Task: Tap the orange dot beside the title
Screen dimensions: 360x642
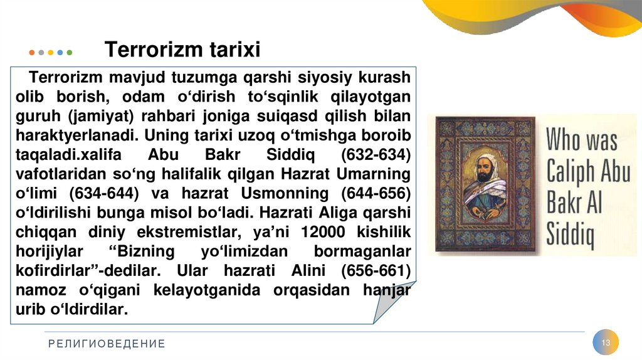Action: tap(32, 53)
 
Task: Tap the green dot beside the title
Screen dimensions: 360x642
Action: tap(70, 53)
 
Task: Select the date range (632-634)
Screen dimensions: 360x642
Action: tap(375, 155)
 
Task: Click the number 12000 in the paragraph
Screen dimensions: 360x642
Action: tap(324, 233)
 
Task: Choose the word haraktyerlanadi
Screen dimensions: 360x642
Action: tap(76, 135)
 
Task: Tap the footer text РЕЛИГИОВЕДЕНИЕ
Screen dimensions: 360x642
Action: tap(106, 344)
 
